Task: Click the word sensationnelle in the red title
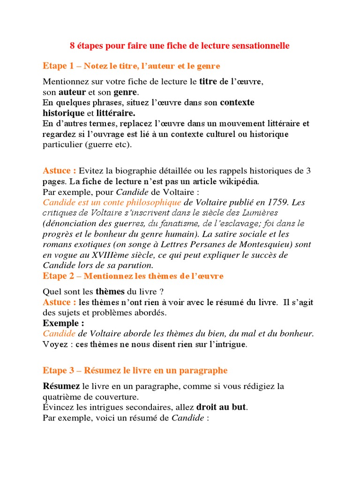tap(260, 46)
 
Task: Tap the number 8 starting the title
tap(72, 46)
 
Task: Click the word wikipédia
tap(238, 181)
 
